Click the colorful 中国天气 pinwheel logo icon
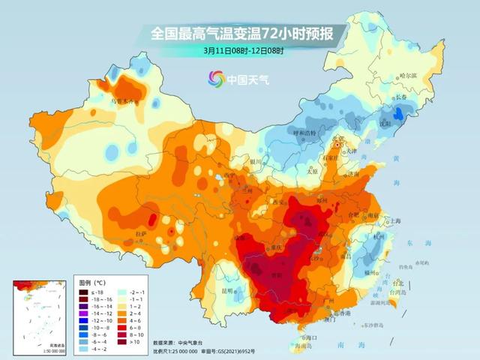tap(216, 78)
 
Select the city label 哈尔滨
tap(408, 76)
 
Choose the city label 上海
tap(391, 221)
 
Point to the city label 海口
tap(313, 337)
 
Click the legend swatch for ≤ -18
tap(86, 290)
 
